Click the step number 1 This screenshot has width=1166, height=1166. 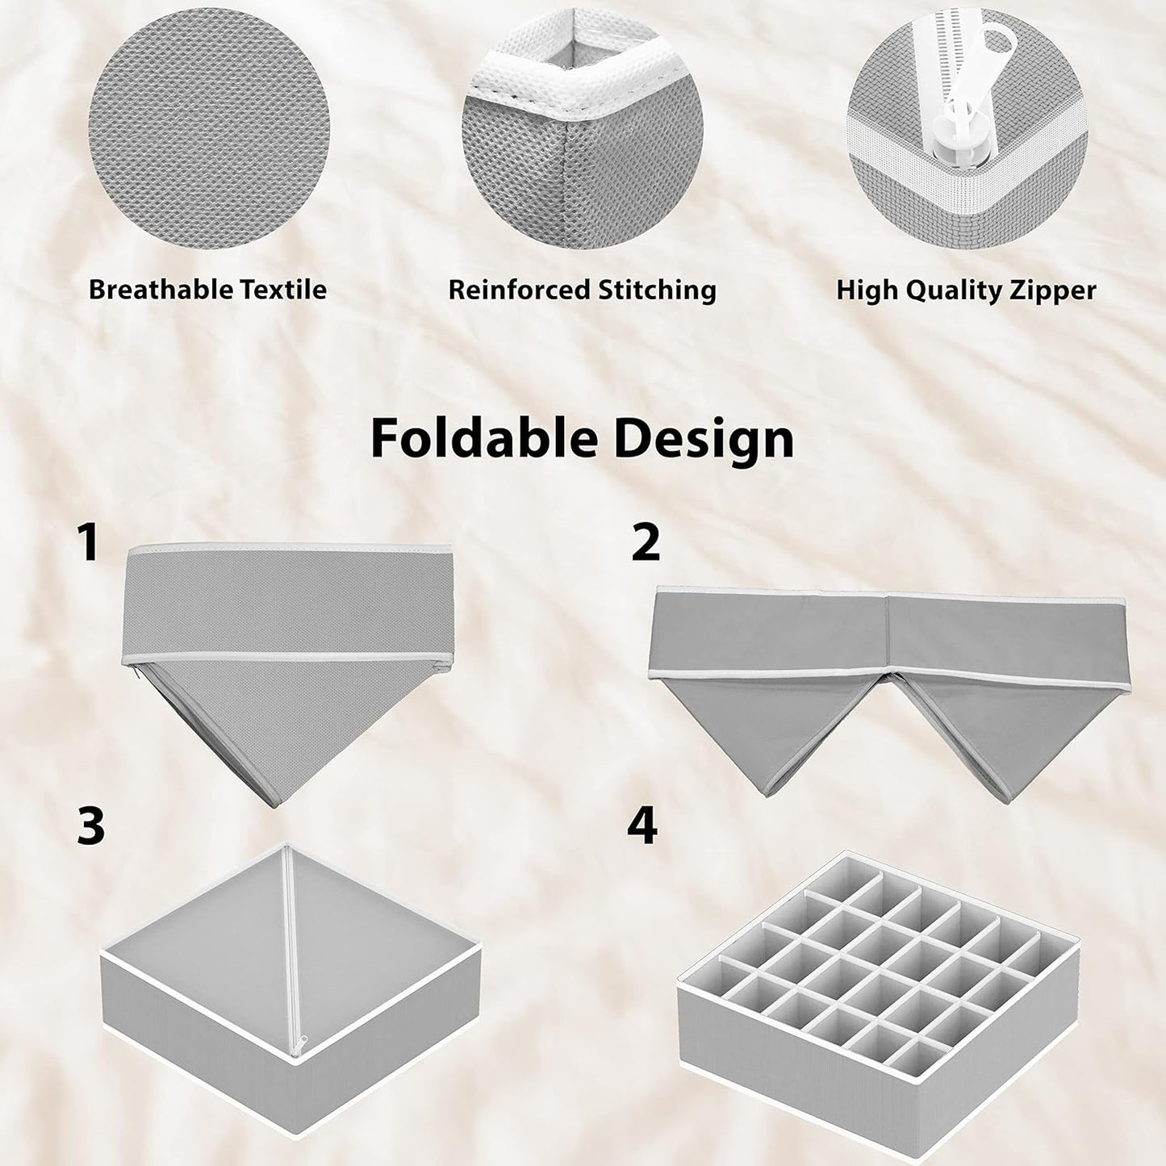pyautogui.click(x=88, y=542)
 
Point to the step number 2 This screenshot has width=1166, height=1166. pyautogui.click(x=646, y=542)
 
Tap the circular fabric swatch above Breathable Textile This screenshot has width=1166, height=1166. pyautogui.click(x=209, y=129)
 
